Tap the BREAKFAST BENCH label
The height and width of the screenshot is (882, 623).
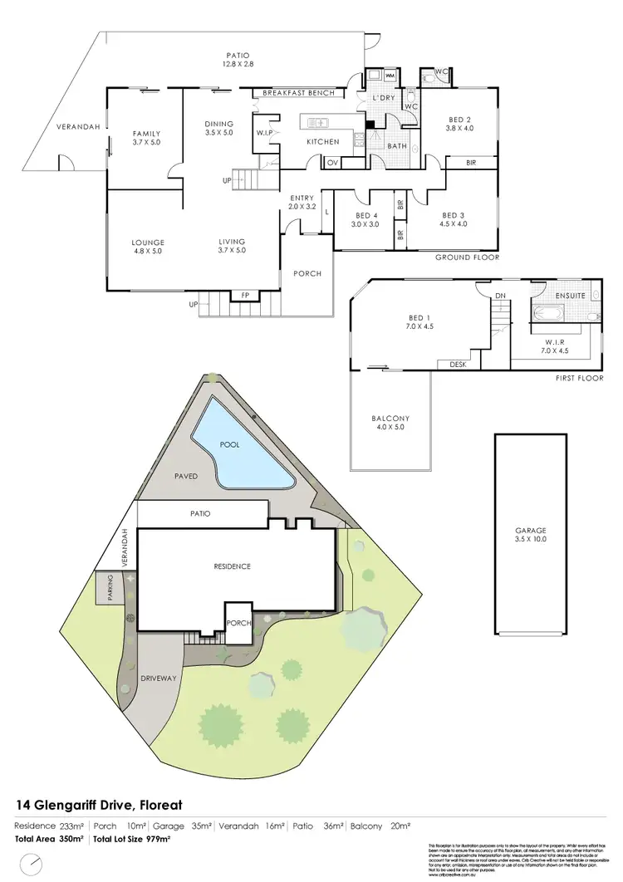298,93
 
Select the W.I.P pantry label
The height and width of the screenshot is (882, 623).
265,132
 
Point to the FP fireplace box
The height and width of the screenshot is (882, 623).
244,295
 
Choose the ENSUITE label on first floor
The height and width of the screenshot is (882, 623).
571,296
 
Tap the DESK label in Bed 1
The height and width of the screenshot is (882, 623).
457,364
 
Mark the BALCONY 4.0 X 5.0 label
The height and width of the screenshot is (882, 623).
390,424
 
